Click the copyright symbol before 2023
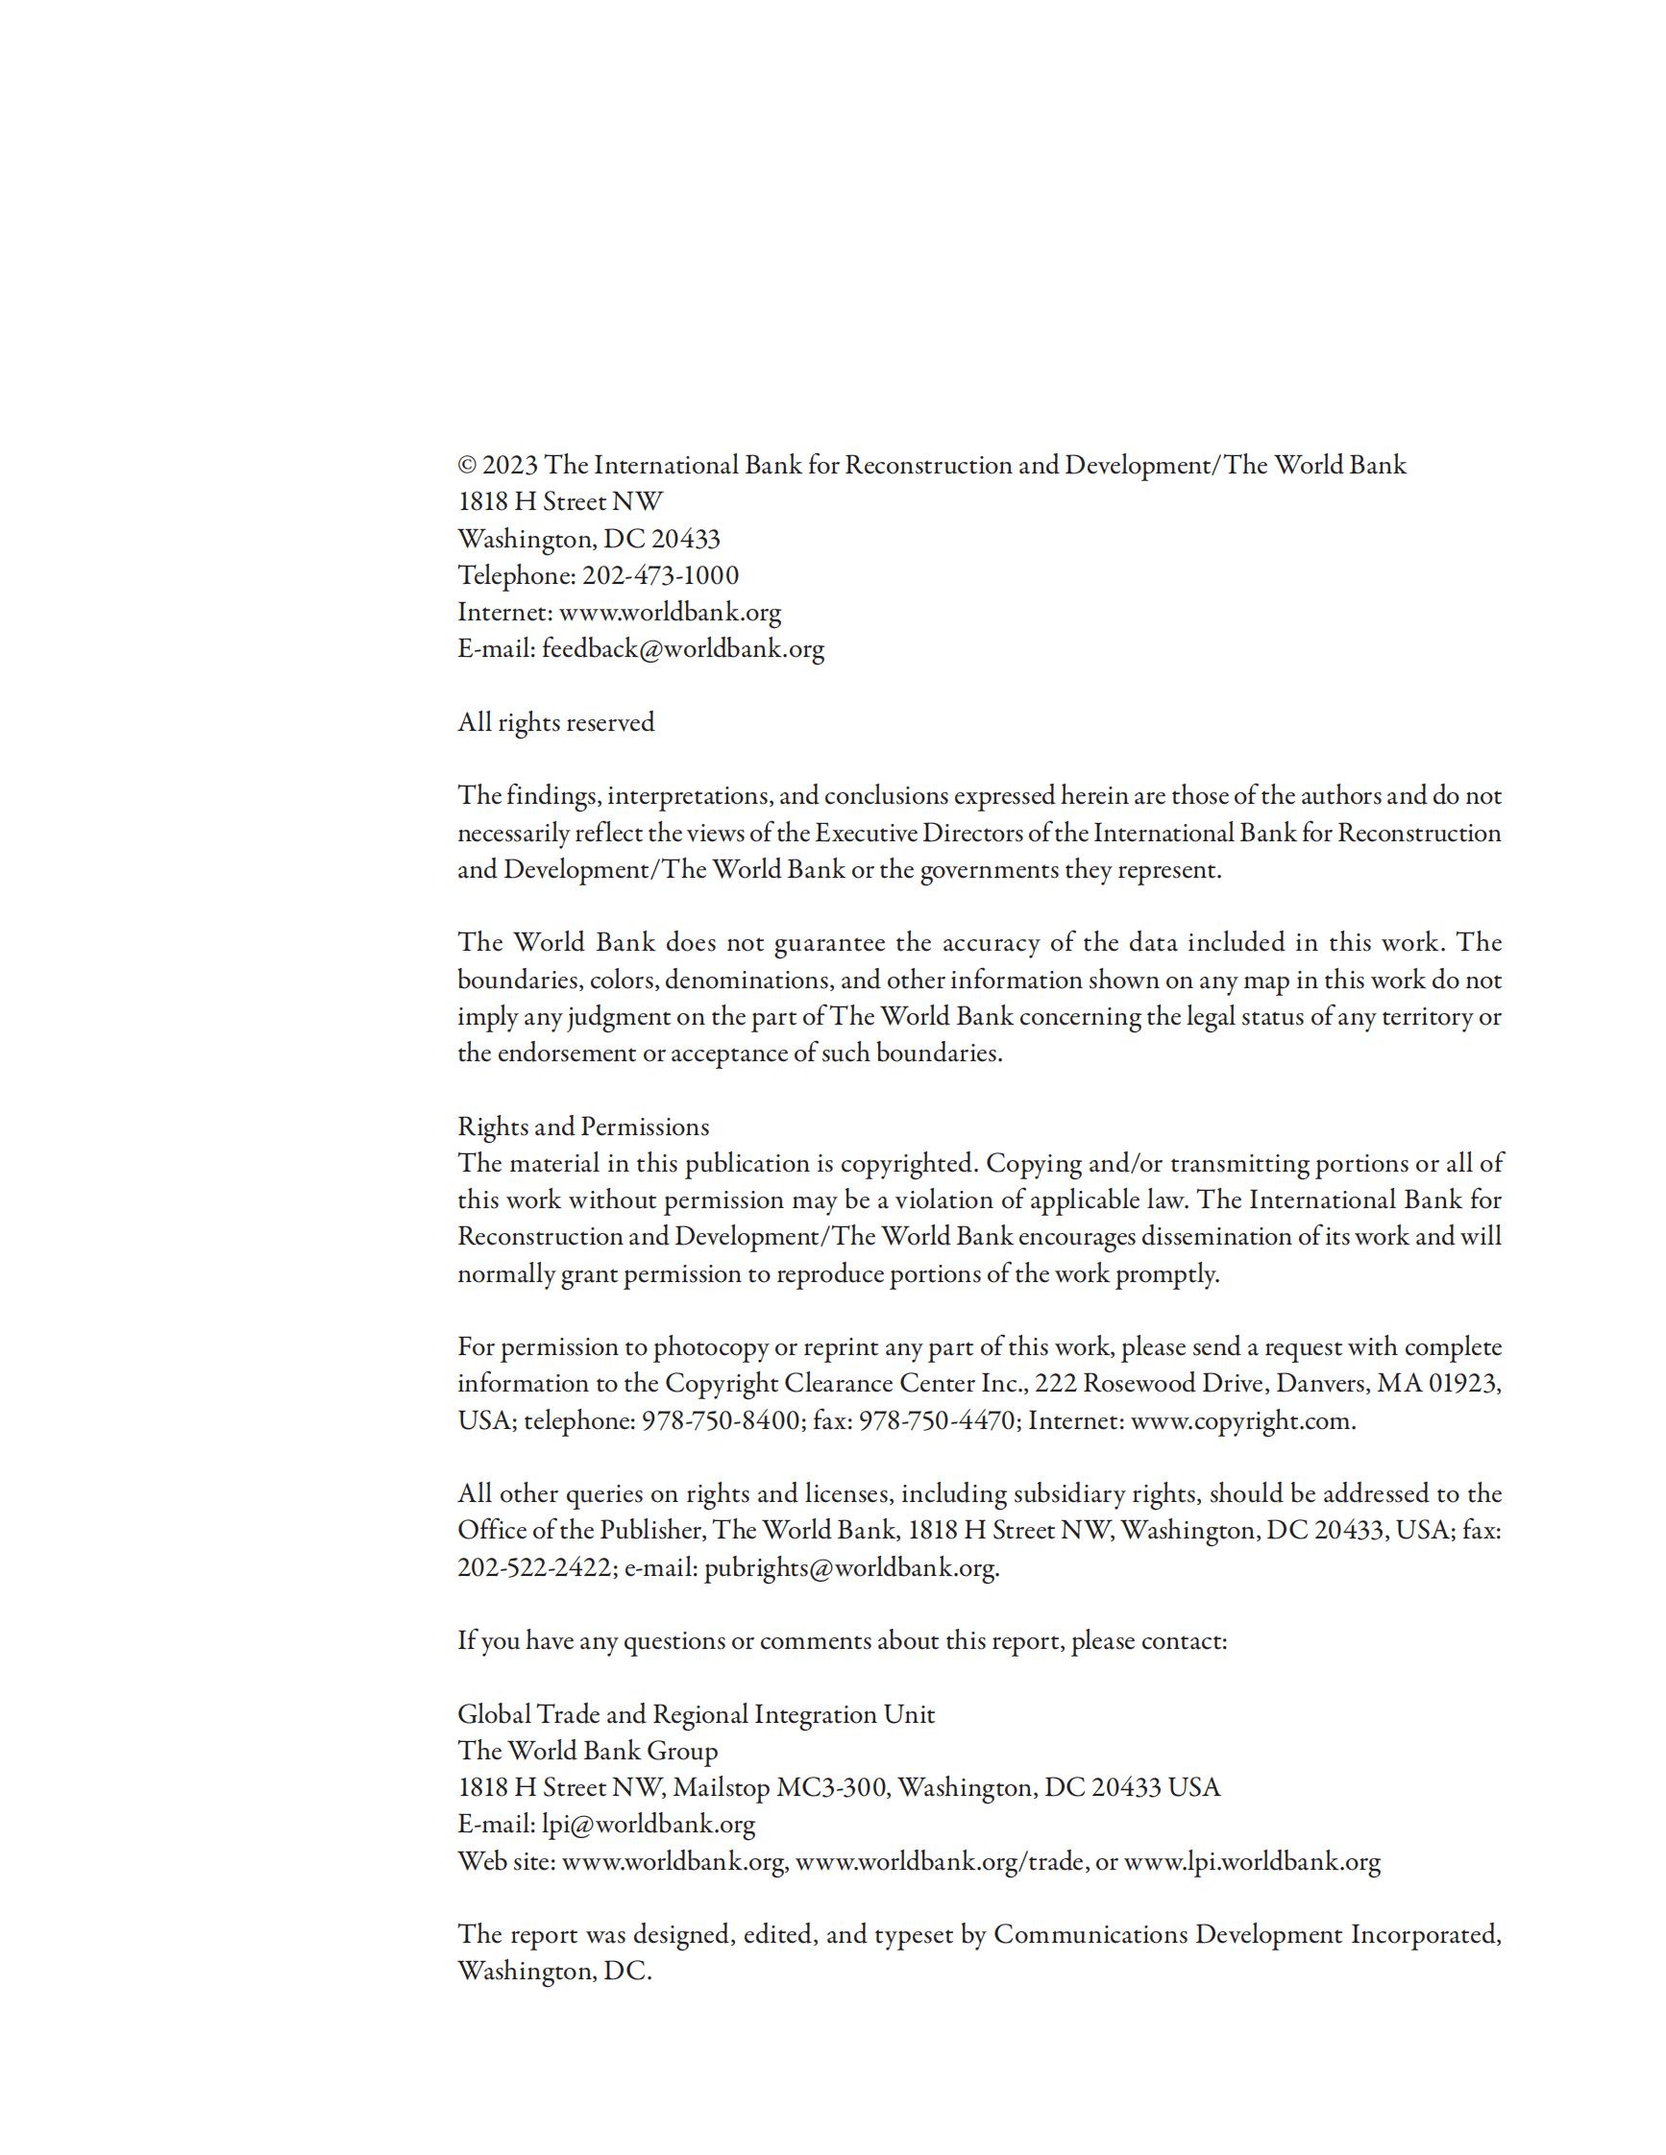(467, 466)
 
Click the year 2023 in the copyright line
(509, 466)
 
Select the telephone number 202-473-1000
(659, 575)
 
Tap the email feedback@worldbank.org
(682, 649)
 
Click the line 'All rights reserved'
(555, 722)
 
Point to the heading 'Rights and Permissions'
(583, 1126)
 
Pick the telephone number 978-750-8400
(721, 1421)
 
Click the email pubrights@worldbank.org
(849, 1568)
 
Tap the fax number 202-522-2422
(535, 1568)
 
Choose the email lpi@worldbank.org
(649, 1825)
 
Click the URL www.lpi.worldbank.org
(1252, 1862)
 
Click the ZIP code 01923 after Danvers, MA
(1462, 1384)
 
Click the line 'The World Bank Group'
(587, 1752)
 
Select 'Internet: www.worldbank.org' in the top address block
(619, 613)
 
